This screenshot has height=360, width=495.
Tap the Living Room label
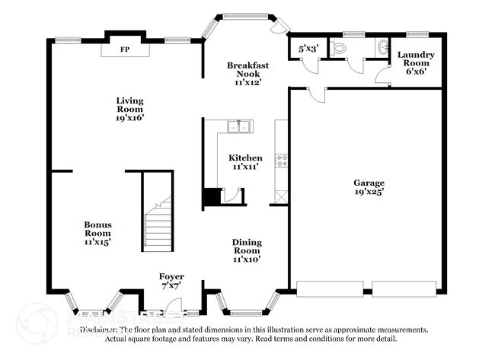(129, 109)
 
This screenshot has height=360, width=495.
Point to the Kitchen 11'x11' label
(247, 161)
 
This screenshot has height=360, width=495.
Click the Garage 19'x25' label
(369, 186)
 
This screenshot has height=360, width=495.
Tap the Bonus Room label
(97, 233)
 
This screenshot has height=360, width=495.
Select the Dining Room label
(247, 250)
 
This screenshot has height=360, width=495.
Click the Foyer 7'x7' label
(171, 281)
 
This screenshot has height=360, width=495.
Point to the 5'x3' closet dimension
(308, 48)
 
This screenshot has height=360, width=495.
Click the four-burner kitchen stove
(282, 161)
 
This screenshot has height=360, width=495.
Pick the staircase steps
(159, 228)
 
